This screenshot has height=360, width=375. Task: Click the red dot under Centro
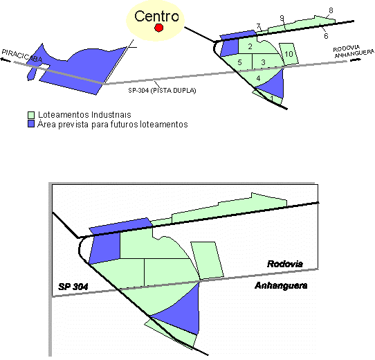point(158,28)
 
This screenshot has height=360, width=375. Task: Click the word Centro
point(156,17)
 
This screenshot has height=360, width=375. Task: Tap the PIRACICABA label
point(22,55)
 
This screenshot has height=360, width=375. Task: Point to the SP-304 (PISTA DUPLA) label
point(162,91)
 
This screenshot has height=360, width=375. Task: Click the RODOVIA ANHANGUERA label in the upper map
point(354,51)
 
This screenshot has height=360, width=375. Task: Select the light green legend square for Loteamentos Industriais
point(31,115)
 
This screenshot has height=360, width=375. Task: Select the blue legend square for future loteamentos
point(31,124)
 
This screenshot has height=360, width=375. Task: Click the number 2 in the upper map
point(250,46)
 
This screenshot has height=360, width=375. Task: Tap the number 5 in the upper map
point(239,62)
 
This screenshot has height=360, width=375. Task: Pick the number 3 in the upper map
point(263,62)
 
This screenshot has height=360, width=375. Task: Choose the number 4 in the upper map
point(258,78)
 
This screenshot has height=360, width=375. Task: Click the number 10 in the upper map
point(289,54)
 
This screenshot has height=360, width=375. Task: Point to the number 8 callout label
point(331,10)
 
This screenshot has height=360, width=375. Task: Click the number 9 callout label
point(282,18)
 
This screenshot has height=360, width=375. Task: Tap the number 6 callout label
point(326,36)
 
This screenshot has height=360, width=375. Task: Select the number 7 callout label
point(258,26)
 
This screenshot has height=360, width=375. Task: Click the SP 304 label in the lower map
point(73,287)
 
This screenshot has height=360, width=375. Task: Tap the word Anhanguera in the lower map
point(281,285)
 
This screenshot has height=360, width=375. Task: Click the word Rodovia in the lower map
point(285,264)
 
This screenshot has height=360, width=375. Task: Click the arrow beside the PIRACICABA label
point(6,60)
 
